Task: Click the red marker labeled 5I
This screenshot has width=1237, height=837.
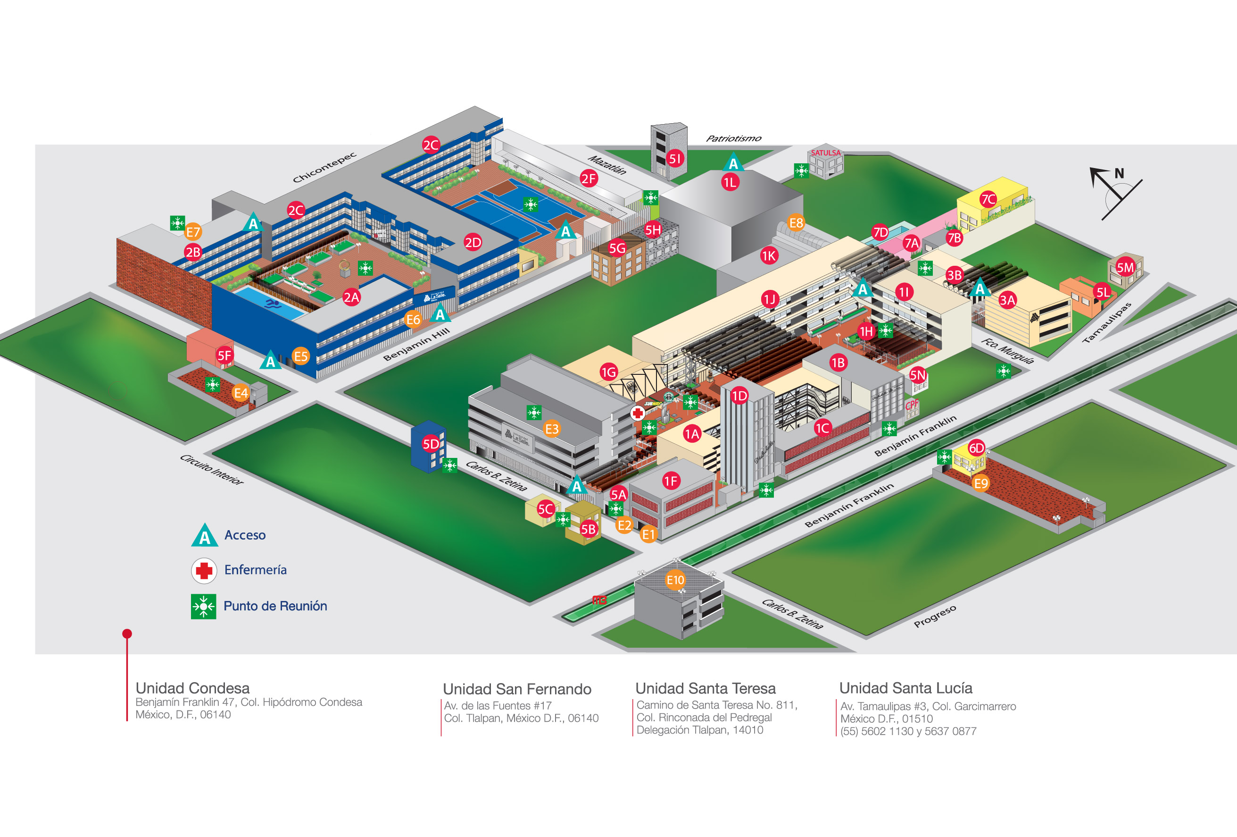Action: click(x=675, y=158)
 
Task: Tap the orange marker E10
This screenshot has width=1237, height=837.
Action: click(x=675, y=580)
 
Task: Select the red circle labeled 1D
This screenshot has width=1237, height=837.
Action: click(x=739, y=396)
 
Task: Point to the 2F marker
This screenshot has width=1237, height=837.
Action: click(x=588, y=178)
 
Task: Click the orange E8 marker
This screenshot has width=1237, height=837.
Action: click(x=796, y=223)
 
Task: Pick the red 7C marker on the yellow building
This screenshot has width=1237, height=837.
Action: click(x=988, y=199)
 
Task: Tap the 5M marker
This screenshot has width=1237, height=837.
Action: click(x=1125, y=268)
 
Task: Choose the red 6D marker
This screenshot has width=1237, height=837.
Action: click(x=976, y=448)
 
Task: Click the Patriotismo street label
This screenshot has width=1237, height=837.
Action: click(x=733, y=138)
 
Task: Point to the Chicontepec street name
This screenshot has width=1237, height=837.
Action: click(x=324, y=167)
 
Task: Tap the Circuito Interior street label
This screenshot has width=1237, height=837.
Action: click(x=211, y=469)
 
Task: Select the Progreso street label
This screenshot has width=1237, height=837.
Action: click(x=935, y=616)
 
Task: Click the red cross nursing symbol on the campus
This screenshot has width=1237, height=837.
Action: click(x=638, y=413)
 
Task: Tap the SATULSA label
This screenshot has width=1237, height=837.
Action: click(x=826, y=153)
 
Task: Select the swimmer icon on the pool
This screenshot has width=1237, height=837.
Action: click(x=273, y=304)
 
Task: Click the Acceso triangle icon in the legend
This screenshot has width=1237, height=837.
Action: click(x=204, y=536)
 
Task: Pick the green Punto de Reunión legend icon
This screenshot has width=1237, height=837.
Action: click(x=203, y=606)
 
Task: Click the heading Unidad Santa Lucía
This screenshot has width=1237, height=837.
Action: click(x=905, y=688)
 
